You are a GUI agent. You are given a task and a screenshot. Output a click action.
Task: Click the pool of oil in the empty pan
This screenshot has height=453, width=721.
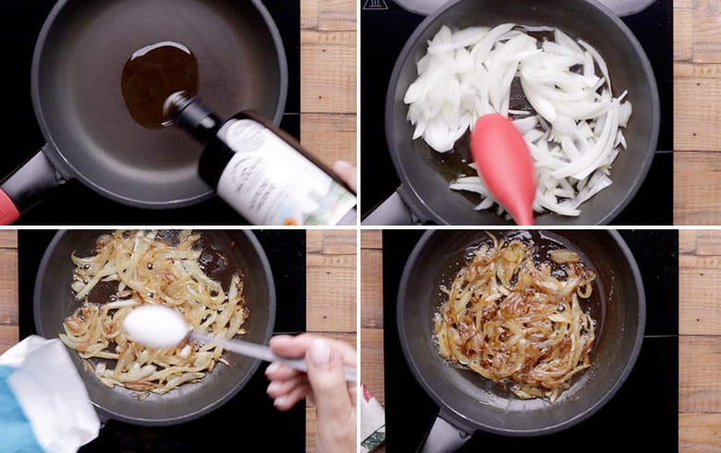(x=157, y=81)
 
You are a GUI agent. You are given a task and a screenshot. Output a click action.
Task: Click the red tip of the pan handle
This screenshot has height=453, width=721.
(x=7, y=205)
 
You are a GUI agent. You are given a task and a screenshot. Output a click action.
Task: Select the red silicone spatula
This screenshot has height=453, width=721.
(x=505, y=166)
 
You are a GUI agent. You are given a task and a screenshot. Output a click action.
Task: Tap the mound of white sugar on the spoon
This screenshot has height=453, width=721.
(x=155, y=324)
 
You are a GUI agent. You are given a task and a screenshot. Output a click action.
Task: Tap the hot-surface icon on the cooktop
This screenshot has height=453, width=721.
(x=376, y=5)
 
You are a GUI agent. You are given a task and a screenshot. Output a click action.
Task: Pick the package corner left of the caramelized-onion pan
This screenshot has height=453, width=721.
(x=372, y=420)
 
